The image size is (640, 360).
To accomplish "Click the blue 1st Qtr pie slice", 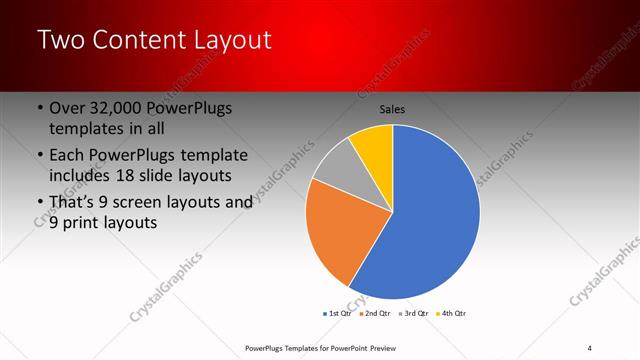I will click(430, 220).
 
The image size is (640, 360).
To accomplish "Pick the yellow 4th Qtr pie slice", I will click(373, 143).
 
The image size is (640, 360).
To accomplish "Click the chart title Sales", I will click(392, 109).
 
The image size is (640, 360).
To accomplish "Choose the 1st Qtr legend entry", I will click(338, 313).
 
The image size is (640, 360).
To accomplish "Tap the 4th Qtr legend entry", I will click(451, 313).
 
